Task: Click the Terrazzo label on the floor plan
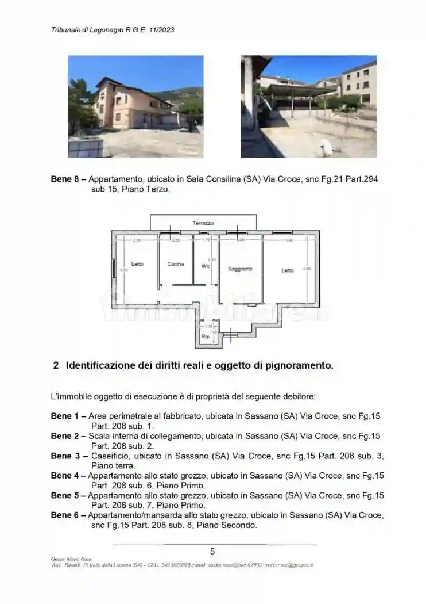[203, 223]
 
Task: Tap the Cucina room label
[176, 264]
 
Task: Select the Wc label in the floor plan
[206, 266]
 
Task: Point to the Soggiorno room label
[240, 269]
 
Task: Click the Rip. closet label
[206, 336]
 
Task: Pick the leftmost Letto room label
[137, 264]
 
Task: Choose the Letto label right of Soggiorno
[287, 270]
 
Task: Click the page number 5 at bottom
[212, 551]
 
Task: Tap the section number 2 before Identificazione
[56, 365]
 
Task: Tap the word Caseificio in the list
[111, 456]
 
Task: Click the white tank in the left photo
[86, 148]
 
